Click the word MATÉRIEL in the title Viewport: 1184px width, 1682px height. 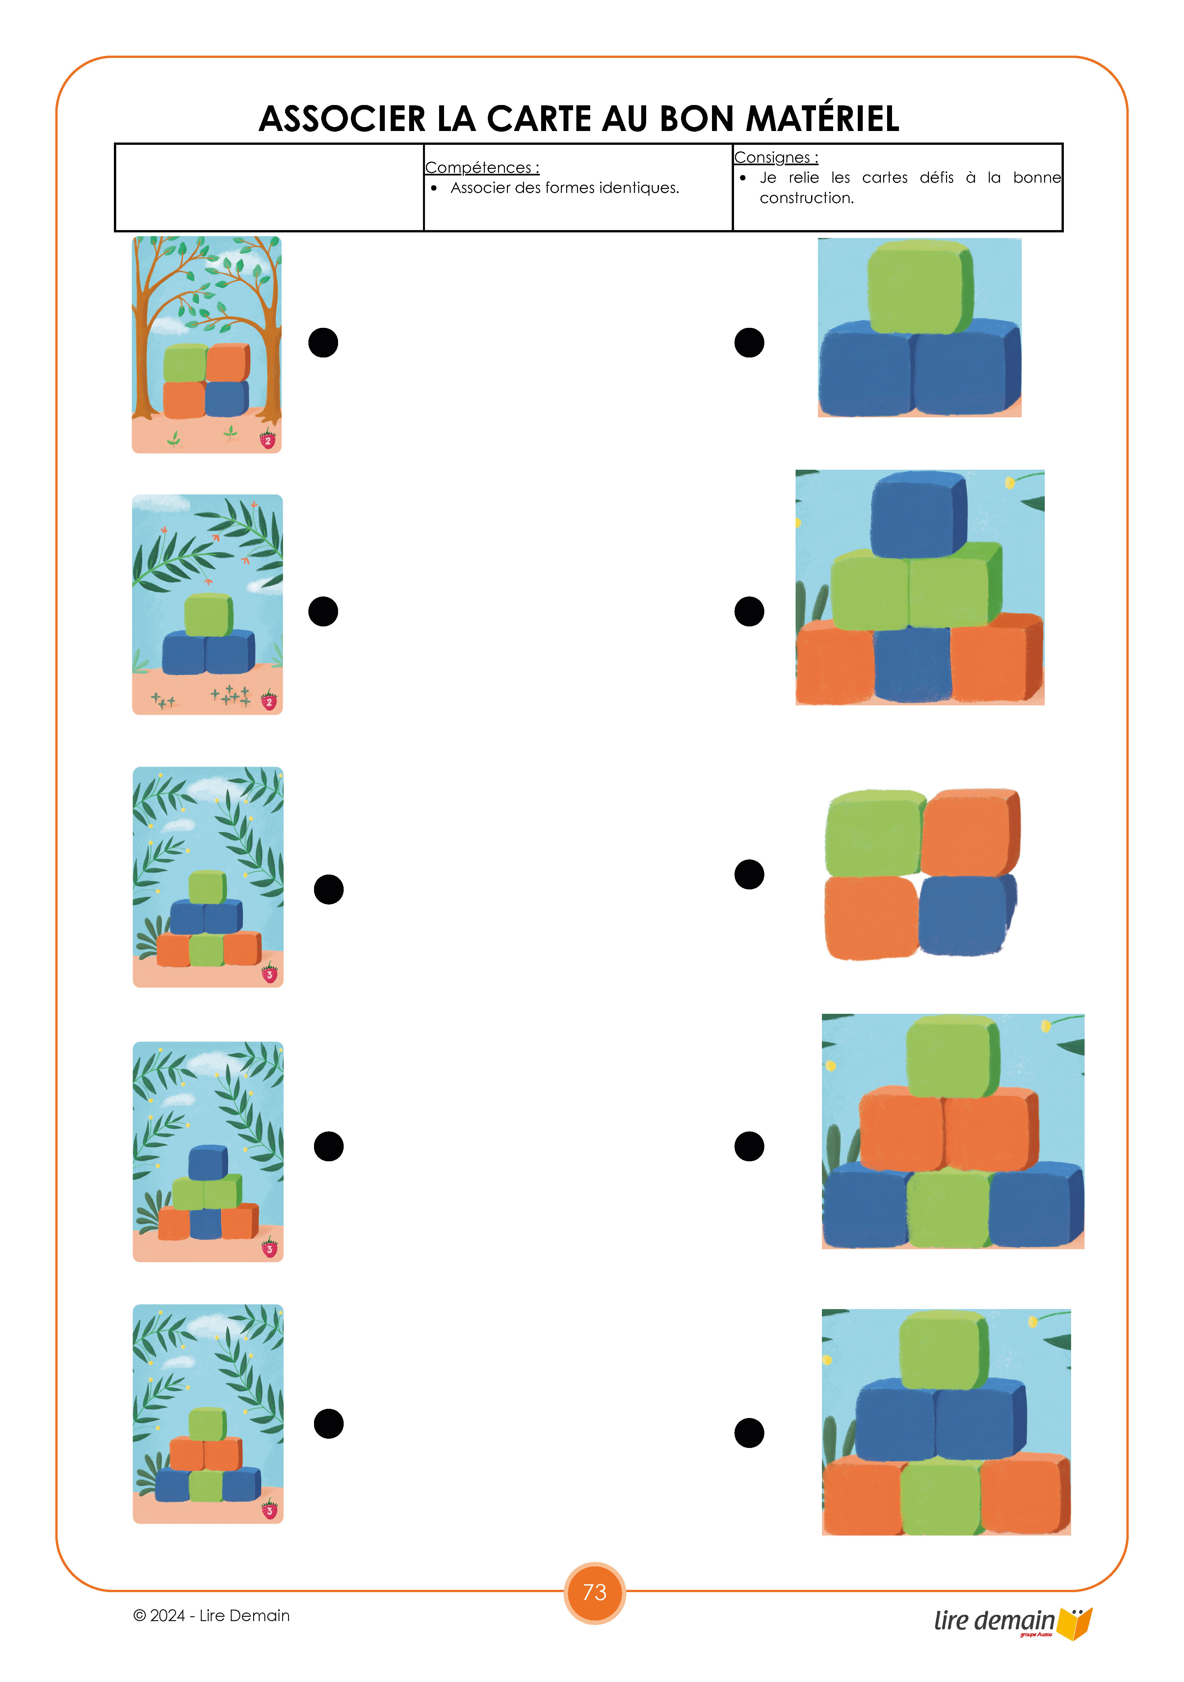click(x=822, y=119)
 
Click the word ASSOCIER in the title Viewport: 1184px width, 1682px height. click(x=342, y=119)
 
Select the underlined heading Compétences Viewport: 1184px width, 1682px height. click(x=482, y=168)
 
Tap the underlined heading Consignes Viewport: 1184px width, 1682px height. click(x=776, y=158)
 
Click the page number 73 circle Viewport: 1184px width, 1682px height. click(x=594, y=1592)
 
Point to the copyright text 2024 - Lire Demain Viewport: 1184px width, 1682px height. click(x=212, y=1615)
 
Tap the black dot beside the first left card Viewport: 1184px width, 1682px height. click(x=323, y=342)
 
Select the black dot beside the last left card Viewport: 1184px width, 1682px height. click(x=328, y=1423)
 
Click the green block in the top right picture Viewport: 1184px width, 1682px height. click(x=920, y=286)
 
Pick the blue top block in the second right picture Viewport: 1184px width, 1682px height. click(x=919, y=514)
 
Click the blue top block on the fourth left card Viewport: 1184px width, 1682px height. click(x=208, y=1163)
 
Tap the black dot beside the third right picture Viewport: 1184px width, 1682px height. click(x=749, y=874)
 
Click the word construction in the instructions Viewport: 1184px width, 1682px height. click(x=807, y=198)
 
